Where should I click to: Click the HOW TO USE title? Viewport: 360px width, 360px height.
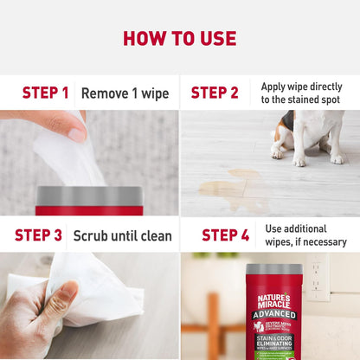[x=179, y=38]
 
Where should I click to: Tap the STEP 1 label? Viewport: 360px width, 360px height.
[x=45, y=93]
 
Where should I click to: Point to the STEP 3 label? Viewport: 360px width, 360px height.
[x=38, y=235]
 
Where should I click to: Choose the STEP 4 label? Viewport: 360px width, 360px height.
[x=225, y=235]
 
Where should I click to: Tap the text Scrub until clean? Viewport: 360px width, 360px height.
[x=122, y=235]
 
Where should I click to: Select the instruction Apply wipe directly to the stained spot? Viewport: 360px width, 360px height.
[x=301, y=93]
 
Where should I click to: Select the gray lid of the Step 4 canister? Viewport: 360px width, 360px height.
[x=273, y=270]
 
